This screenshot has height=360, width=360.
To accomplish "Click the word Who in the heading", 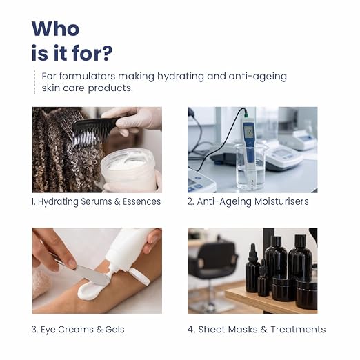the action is (x=55, y=28).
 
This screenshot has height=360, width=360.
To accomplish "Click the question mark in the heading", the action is (x=107, y=53).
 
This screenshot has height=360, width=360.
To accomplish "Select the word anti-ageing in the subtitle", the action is (x=258, y=77).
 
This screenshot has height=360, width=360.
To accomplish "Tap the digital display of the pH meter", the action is (x=250, y=132).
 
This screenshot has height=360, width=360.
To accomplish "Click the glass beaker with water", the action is (x=250, y=166).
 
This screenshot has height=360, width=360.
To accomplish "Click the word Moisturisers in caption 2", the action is (x=281, y=201).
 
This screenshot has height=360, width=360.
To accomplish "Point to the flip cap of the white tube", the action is (x=139, y=277).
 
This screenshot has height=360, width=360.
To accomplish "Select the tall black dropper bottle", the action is (x=252, y=268).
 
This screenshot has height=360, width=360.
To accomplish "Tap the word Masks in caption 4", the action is (x=243, y=329).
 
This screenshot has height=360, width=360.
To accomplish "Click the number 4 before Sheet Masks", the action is (x=190, y=330).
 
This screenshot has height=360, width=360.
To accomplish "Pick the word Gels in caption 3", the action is (x=114, y=330).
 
